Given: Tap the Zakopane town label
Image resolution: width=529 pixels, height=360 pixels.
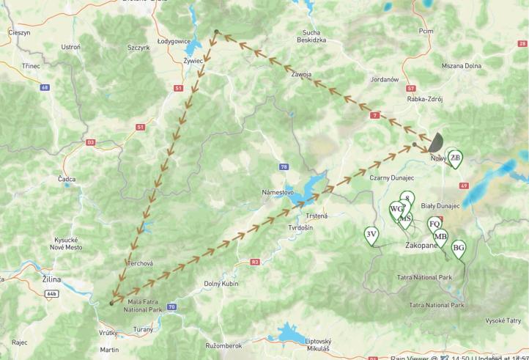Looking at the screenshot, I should pos(421,246).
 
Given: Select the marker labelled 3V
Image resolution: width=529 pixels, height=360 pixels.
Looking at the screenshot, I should pos(371,235).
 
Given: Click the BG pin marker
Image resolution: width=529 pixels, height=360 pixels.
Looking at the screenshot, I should pos(459,248).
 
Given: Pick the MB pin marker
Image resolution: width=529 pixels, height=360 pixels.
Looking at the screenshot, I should pos(440,236).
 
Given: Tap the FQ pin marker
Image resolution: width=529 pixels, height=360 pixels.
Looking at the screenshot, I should pos(434,224).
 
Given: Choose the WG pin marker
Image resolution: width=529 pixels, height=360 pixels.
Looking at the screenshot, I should pos(397,209).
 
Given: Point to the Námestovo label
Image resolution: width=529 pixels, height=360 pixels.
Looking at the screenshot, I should pos(278,192).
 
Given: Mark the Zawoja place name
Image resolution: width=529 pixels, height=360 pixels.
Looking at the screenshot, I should pos(301,74).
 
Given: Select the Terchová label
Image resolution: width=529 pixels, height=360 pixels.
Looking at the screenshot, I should pos(139,262).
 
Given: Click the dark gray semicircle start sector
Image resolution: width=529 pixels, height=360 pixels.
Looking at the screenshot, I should pos(437,141).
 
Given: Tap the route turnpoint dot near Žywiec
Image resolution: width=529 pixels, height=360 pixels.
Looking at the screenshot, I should pos(216,32).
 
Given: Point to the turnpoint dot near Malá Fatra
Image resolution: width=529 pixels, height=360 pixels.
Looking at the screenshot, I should pos(111,302).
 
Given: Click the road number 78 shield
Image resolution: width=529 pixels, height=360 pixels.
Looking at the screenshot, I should pos(284,167).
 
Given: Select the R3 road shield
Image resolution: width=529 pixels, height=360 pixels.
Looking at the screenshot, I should pos(255,262).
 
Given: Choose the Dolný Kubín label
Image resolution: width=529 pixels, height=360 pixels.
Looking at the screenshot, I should pos(222,283).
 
